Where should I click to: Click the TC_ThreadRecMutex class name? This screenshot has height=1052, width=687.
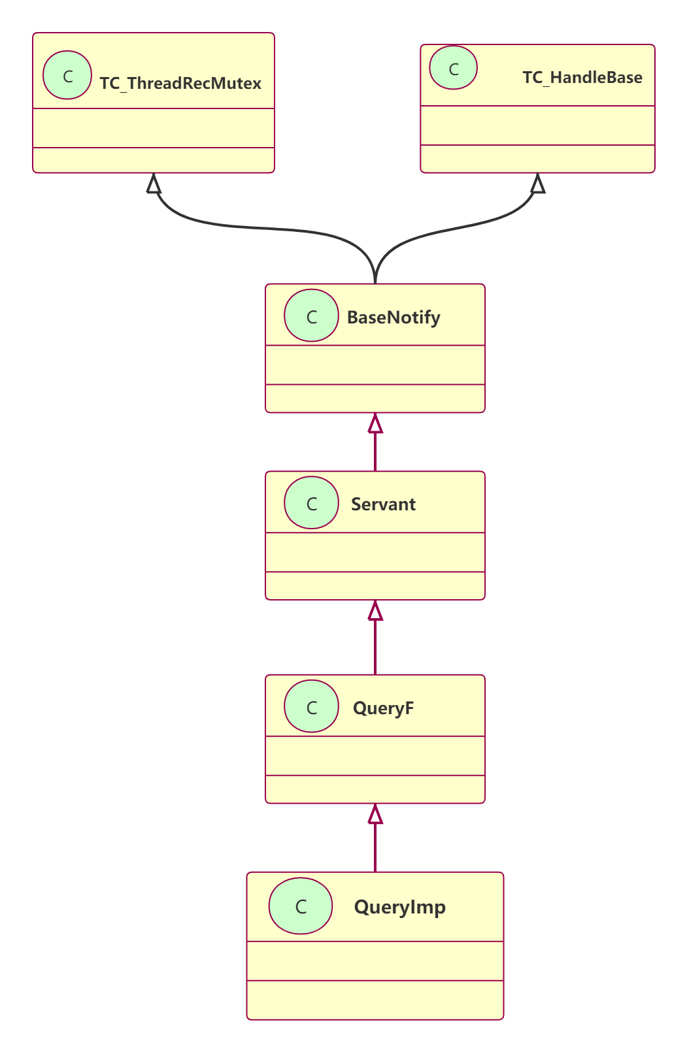(x=180, y=84)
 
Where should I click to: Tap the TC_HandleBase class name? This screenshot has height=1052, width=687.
(x=582, y=78)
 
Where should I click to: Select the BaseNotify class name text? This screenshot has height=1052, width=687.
(x=394, y=318)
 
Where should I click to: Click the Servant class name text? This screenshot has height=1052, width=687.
(x=383, y=504)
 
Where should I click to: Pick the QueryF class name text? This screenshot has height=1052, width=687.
(x=383, y=708)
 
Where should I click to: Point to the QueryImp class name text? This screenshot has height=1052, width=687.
(x=399, y=907)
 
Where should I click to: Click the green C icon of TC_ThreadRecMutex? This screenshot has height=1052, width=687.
(x=67, y=76)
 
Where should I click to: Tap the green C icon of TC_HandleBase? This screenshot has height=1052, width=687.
(x=454, y=68)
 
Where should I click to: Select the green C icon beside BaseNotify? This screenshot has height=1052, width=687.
(x=311, y=316)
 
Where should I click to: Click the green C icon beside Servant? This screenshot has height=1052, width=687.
(x=311, y=503)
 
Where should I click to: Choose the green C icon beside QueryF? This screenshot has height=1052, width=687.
(x=311, y=707)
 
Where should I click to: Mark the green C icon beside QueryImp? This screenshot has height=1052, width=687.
(x=301, y=906)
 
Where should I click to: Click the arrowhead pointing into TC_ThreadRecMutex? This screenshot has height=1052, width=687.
(x=154, y=184)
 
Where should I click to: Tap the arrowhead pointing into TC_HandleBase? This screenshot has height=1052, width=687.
(x=537, y=184)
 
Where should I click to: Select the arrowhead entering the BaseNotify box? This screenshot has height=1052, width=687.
(x=375, y=424)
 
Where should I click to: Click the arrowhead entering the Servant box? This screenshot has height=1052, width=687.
(x=375, y=611)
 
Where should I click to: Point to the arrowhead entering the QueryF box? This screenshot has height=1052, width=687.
(x=375, y=815)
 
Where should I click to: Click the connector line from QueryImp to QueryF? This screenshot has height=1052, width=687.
(x=375, y=849)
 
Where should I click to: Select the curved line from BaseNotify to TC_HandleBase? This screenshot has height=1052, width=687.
(x=458, y=229)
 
